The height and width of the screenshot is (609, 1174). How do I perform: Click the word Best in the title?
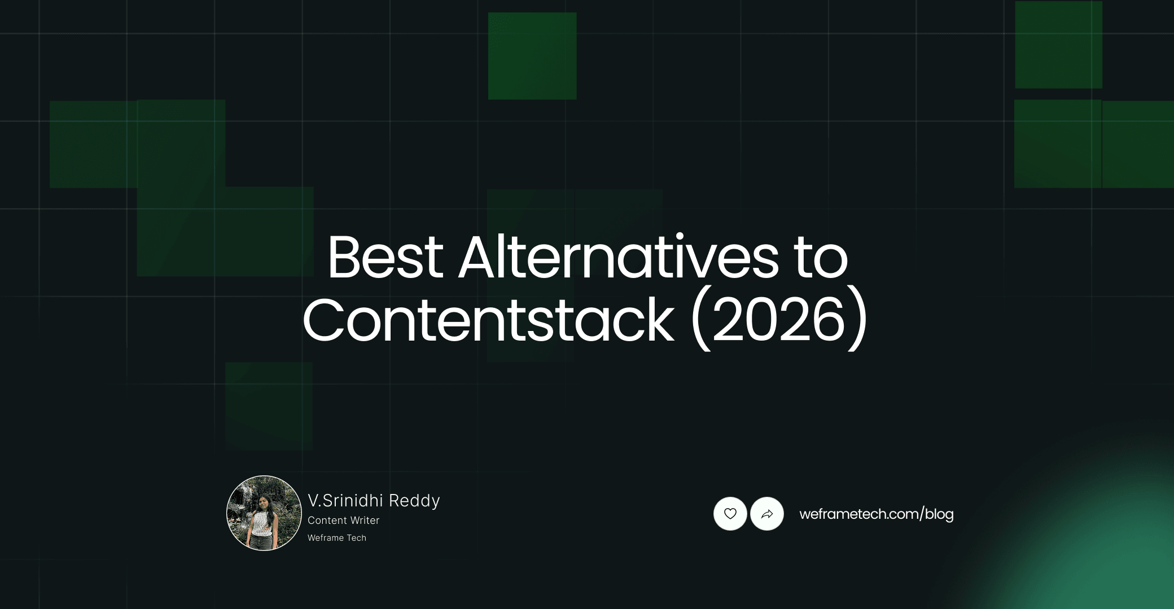click(385, 257)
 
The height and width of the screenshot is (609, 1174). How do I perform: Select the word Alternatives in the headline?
click(618, 257)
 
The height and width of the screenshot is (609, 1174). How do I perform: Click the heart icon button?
click(730, 514)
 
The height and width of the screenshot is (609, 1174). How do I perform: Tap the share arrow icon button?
click(767, 514)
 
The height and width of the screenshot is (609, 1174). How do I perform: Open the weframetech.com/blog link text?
click(876, 514)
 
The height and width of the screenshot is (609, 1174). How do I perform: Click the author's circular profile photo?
click(264, 513)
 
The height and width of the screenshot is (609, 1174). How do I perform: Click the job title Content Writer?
click(343, 520)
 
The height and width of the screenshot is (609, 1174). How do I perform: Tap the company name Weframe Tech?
click(337, 538)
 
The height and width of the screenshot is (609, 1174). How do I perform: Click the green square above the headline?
click(532, 56)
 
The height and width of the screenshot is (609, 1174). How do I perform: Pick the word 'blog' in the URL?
click(939, 514)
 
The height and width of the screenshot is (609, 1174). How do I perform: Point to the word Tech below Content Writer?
click(356, 538)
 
